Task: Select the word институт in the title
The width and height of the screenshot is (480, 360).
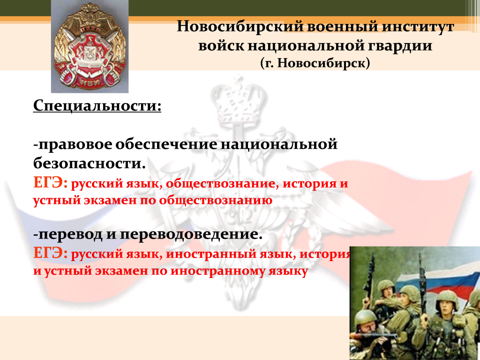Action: tap(418, 27)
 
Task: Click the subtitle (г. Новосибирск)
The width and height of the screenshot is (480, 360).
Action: tap(315, 63)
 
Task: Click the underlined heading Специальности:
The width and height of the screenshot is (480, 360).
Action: tap(97, 106)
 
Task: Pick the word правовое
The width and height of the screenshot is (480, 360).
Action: tap(73, 144)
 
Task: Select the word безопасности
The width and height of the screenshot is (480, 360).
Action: tap(89, 163)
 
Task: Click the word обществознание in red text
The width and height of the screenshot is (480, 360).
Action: tap(222, 184)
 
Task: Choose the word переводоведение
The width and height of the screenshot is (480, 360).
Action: tap(191, 235)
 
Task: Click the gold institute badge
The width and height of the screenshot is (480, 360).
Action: tap(90, 46)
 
